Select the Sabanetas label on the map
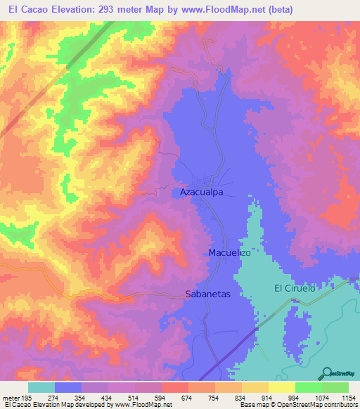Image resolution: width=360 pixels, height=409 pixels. (x=207, y=294)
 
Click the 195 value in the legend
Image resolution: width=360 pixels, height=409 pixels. (x=27, y=398)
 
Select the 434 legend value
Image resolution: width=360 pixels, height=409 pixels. (x=108, y=398)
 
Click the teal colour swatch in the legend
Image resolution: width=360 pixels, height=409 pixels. (x=41, y=387)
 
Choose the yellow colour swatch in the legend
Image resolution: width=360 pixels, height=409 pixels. (x=281, y=387)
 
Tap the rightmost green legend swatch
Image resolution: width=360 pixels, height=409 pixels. (x=335, y=387)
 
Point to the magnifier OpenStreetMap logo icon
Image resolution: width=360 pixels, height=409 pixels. (x=328, y=373)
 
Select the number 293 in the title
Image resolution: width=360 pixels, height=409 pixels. (x=114, y=9)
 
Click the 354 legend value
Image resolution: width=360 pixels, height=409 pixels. (x=82, y=398)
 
